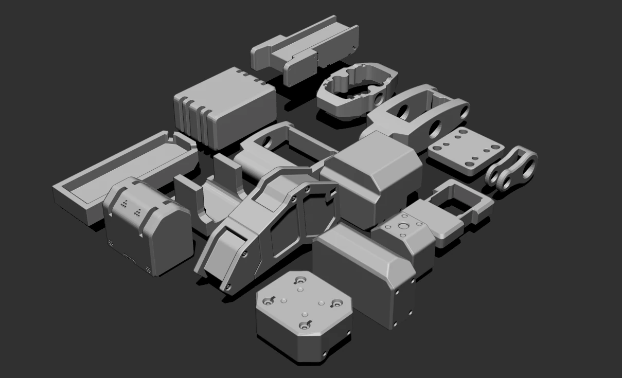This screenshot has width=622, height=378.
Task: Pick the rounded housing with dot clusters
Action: (147, 226)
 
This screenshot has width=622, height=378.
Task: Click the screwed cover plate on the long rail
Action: (299, 68)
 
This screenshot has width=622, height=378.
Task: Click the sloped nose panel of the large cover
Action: (219, 257)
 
